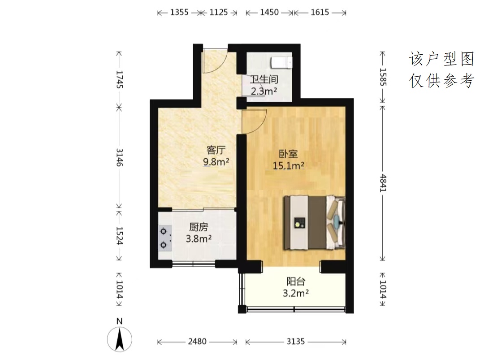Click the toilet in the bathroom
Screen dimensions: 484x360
click(281, 63)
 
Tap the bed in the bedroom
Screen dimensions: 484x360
click(314, 222)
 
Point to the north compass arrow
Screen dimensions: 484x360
click(120, 339)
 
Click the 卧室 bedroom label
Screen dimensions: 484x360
click(288, 154)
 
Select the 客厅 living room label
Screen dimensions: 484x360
click(216, 150)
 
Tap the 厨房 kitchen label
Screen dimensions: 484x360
click(199, 227)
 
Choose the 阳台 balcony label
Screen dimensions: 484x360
click(296, 282)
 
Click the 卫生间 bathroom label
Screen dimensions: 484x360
click(264, 79)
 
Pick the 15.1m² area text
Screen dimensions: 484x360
click(288, 166)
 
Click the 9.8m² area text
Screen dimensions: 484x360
click(216, 162)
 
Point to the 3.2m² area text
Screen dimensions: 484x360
click(296, 293)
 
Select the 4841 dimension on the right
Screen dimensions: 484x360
click(383, 183)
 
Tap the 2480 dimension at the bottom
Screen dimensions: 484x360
click(197, 342)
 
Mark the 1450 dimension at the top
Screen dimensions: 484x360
click(269, 13)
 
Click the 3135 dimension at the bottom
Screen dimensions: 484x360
click(296, 342)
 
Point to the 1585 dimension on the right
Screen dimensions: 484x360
click(383, 77)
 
